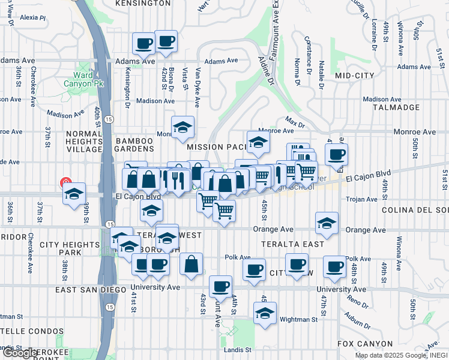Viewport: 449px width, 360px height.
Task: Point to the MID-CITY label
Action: pos(355,76)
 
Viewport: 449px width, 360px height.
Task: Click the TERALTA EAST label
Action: pos(293,244)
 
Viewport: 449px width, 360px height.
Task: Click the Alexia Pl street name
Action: pos(33,18)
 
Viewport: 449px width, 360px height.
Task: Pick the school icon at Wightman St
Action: pos(265,313)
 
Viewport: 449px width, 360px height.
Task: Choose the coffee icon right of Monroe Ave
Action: pos(337,154)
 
